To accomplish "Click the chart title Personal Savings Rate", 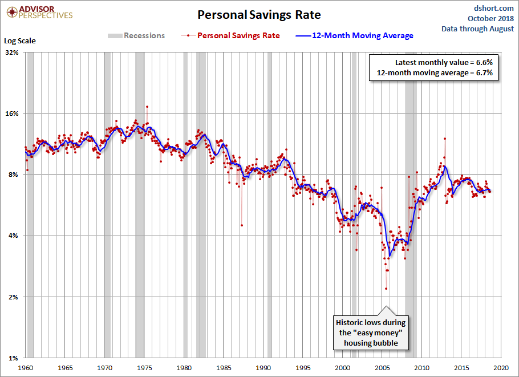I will click(259, 14).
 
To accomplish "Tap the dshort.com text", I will click(494, 8).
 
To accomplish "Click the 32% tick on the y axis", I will click(11, 52).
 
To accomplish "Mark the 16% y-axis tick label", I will click(11, 113).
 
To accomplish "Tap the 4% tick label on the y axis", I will click(13, 236).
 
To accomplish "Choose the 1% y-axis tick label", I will click(13, 358).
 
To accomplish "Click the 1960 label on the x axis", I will click(26, 368).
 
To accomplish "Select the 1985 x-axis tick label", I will click(224, 368).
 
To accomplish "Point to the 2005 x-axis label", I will click(382, 368).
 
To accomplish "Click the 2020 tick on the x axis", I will click(501, 368).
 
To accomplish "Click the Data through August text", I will click(478, 29).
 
